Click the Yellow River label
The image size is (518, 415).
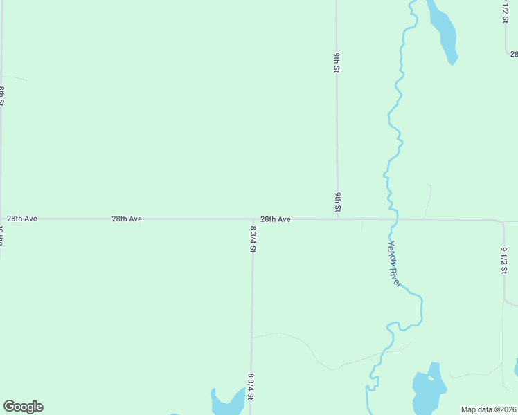395,263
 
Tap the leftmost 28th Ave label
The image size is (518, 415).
22,219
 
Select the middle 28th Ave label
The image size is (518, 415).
127,219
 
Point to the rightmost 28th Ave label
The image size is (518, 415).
276,219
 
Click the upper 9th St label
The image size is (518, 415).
337,62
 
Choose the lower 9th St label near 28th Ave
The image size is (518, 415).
338,202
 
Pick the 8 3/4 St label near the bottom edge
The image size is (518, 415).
251,386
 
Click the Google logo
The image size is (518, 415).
23,407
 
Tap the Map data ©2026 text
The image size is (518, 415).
489,409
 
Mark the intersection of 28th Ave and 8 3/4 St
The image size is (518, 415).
253,219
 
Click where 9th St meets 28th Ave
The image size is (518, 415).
338,219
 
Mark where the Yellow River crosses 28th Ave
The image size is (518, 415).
393,220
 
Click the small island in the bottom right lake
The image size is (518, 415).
431,378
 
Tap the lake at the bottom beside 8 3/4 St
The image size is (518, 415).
226,403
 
